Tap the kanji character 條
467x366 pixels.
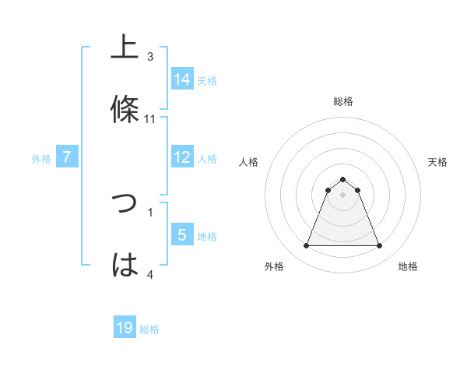coord(125,109)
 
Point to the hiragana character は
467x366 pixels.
coord(125,265)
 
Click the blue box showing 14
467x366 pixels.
coord(182,79)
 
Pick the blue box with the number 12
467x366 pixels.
coord(182,157)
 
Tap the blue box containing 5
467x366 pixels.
coord(182,235)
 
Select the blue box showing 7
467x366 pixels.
coord(67,157)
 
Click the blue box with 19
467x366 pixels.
coord(125,328)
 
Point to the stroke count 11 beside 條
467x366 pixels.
coord(150,119)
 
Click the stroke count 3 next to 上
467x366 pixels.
coord(150,57)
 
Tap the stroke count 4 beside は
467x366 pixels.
coord(150,274)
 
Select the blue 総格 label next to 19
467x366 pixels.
coord(149,329)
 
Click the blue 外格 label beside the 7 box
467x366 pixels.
coord(41,159)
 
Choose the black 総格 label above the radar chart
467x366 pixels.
coord(343,101)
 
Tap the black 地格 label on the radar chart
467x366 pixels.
coord(408,266)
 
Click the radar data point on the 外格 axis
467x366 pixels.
coord(306,246)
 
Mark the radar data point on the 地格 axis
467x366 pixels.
coord(379,246)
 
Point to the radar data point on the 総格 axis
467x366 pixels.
coord(342,179)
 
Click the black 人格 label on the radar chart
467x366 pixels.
coord(249,162)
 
